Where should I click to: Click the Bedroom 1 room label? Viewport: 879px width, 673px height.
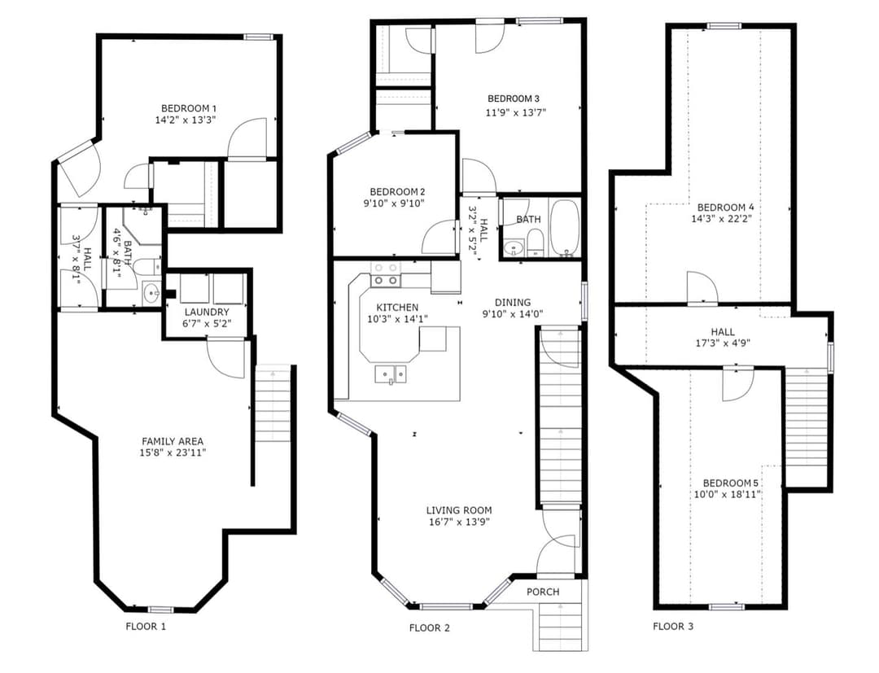pos(189,108)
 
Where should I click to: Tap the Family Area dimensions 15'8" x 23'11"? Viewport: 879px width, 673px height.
pos(173,452)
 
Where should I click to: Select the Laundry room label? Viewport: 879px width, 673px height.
pos(207,312)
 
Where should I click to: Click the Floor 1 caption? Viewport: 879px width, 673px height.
pos(146,626)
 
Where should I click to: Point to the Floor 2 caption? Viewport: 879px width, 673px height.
pos(430,627)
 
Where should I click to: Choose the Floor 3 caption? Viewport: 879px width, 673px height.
pos(673,626)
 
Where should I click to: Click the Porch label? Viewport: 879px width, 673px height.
pos(543,592)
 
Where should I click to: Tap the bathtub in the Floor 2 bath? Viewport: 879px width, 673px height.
pos(564,228)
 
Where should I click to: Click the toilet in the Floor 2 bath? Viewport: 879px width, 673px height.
pos(536,244)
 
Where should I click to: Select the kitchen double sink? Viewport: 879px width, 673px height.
pos(391,374)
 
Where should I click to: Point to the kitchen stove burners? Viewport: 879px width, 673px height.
pos(387,274)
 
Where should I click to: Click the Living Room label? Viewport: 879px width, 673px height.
pos(459,510)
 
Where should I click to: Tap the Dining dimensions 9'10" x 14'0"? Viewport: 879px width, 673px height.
pos(513,314)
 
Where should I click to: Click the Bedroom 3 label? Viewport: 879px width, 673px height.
pos(514,98)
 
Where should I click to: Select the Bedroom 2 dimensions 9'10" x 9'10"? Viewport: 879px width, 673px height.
pos(394,203)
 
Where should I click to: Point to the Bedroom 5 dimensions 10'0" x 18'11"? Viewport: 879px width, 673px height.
pos(727,494)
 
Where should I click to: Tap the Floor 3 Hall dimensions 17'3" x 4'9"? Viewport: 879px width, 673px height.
pos(723,343)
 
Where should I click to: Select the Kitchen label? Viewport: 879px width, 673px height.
pos(397,308)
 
